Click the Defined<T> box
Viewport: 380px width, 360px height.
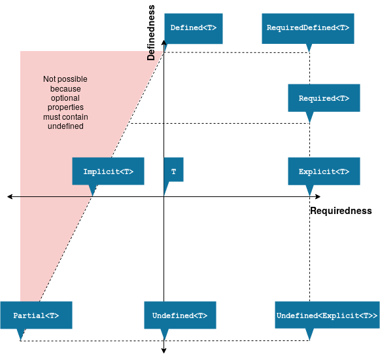pos(193,28)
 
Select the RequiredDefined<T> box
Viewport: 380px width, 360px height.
pos(308,28)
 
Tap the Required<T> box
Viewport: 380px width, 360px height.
pos(324,98)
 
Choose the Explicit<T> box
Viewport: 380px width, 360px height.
pos(324,171)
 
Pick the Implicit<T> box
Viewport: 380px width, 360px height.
pos(108,171)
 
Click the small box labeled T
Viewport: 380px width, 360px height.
pos(173,171)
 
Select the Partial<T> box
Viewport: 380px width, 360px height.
pos(36,315)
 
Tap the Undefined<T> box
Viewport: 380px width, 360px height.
pos(180,315)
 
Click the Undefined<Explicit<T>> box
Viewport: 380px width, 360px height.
pos(327,315)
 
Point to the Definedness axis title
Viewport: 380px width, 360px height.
pos(151,33)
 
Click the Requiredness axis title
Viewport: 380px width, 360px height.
pos(341,211)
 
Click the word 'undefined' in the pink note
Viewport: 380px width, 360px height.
pos(65,126)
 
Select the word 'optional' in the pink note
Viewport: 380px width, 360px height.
pos(65,98)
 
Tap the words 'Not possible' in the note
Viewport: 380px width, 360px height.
pos(65,79)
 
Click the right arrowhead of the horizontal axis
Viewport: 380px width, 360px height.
pos(318,196)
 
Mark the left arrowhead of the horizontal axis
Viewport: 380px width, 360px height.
pos(10,196)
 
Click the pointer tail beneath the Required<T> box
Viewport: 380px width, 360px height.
pos(309,117)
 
